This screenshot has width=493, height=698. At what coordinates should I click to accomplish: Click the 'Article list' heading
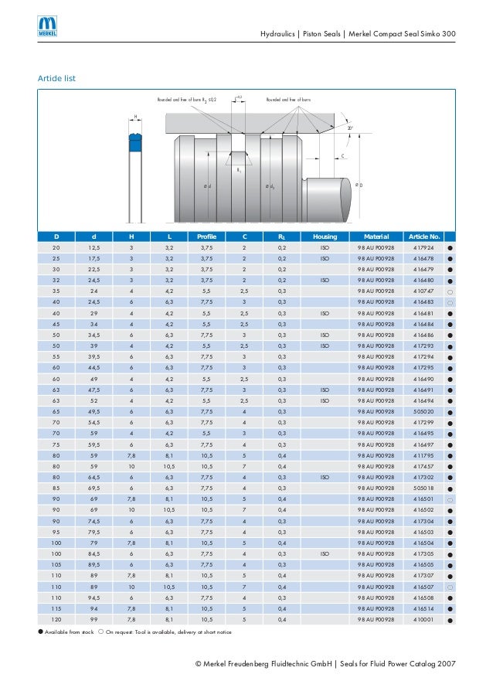point(56,79)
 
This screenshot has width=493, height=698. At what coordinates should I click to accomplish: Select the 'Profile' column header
point(206,236)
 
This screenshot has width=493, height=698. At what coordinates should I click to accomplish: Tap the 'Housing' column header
point(325,236)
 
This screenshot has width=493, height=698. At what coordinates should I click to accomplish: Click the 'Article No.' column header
point(423,236)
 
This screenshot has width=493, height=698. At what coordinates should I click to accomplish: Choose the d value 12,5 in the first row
point(93,247)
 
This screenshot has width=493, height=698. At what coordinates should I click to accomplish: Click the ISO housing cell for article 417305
point(325,554)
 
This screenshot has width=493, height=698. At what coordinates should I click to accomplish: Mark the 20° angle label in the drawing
point(349,128)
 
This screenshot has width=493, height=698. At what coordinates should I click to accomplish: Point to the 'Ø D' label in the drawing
point(359,184)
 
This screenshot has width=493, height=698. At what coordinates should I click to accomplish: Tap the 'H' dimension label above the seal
point(134,117)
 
